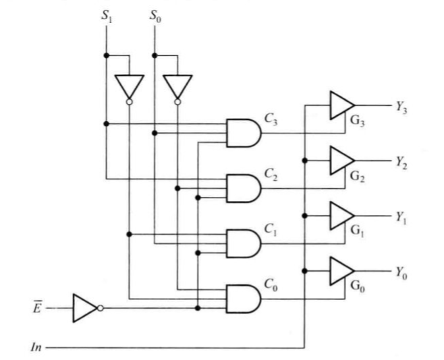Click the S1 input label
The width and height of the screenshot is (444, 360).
click(x=107, y=16)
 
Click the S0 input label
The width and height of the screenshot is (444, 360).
click(x=155, y=16)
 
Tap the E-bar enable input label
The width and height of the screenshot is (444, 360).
click(x=37, y=307)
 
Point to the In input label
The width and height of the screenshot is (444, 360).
click(x=36, y=347)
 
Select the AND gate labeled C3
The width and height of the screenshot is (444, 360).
click(x=244, y=133)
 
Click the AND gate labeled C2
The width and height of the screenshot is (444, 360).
click(x=244, y=188)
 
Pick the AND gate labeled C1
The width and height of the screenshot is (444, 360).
click(x=244, y=243)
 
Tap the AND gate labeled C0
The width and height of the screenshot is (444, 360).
click(x=244, y=299)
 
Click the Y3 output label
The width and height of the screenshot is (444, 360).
click(x=401, y=107)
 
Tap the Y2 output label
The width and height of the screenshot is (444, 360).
click(x=401, y=162)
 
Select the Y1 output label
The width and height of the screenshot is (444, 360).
click(x=401, y=218)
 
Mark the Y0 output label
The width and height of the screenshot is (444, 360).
click(x=401, y=272)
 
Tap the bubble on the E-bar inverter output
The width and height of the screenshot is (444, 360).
click(x=101, y=308)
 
